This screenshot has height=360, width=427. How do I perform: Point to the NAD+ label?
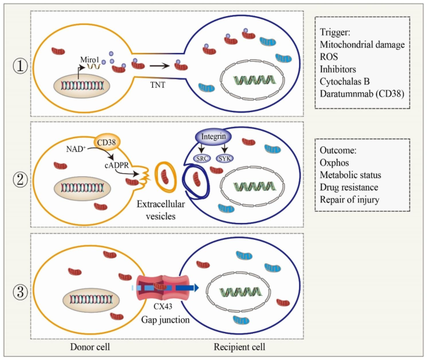[x=77, y=149]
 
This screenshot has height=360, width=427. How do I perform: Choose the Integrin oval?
[x=213, y=136]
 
